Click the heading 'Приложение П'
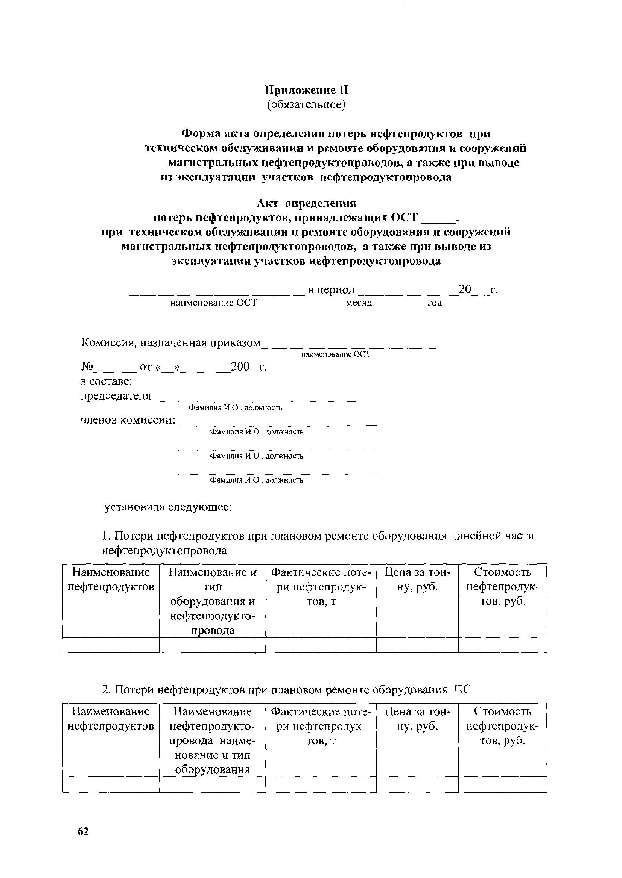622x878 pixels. (307, 90)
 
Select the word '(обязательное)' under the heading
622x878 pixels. (306, 104)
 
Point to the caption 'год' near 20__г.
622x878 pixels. (435, 303)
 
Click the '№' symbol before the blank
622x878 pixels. (87, 367)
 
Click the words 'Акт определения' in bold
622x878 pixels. (306, 203)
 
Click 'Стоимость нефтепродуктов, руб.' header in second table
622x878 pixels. (502, 726)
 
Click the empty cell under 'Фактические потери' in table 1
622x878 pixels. (321, 645)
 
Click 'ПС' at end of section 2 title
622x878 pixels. (462, 690)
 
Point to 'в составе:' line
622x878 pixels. (106, 381)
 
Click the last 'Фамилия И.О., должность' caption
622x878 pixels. (257, 480)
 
